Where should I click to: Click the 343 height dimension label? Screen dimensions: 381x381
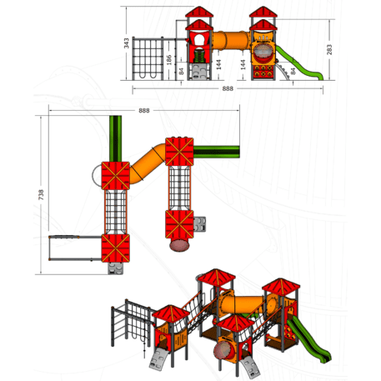point(127,43)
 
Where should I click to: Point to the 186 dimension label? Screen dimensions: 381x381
point(168,60)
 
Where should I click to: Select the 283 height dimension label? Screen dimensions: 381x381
point(329,49)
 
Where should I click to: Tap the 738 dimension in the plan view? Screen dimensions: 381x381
point(41,194)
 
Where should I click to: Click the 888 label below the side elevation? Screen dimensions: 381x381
point(228,88)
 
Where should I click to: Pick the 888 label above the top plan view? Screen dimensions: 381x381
point(144,111)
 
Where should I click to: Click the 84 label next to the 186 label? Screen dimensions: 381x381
point(181,71)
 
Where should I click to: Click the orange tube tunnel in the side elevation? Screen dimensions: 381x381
point(231,41)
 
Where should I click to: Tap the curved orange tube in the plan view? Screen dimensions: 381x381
point(148,164)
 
